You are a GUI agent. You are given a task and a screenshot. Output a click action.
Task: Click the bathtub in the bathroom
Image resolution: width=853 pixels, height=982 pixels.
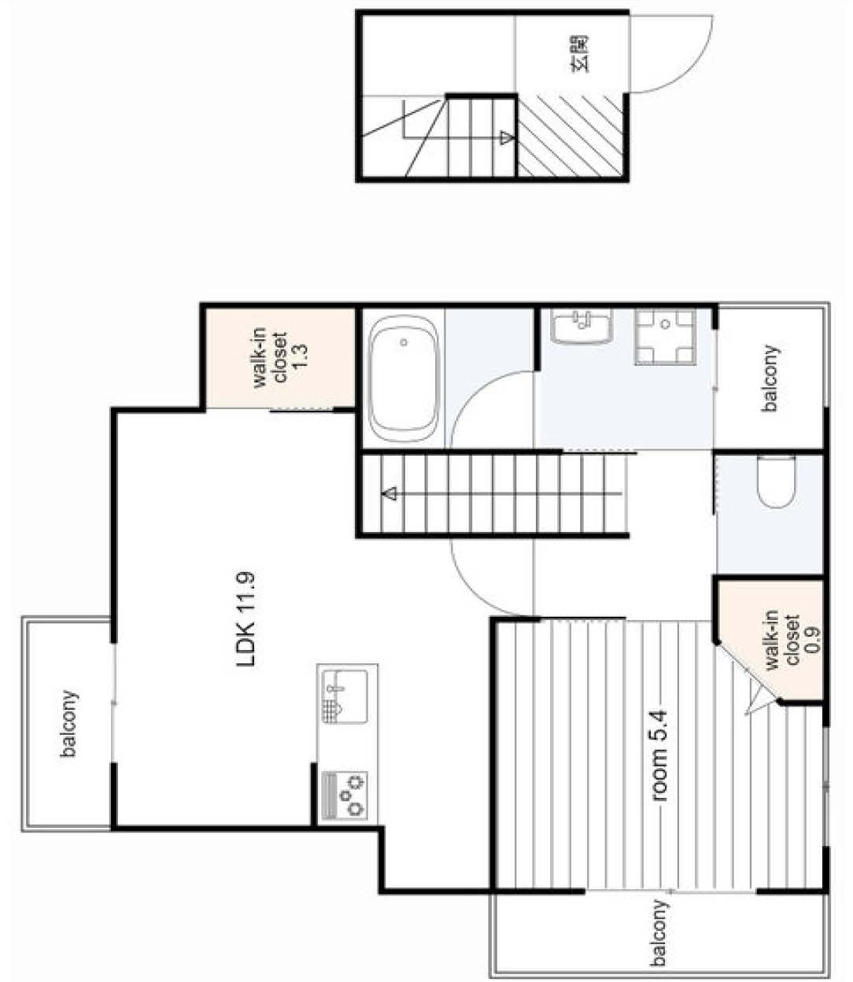pyautogui.click(x=404, y=379)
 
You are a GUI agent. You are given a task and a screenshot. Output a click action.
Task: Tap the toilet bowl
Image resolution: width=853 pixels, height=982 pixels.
pyautogui.click(x=777, y=482)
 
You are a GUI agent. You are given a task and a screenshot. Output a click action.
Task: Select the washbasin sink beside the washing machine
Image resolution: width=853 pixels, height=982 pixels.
pyautogui.click(x=582, y=327)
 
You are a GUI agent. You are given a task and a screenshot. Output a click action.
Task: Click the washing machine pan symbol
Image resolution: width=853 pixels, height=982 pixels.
pyautogui.click(x=665, y=336)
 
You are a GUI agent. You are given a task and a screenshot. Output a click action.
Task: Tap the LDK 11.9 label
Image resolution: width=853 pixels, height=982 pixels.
pyautogui.click(x=247, y=620)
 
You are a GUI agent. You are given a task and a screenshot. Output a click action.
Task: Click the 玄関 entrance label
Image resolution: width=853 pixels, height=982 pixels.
pyautogui.click(x=579, y=54)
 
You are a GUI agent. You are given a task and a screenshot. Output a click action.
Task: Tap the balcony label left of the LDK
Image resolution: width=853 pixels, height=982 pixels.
pyautogui.click(x=69, y=724)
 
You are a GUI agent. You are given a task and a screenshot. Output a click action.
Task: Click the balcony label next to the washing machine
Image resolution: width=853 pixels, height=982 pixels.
pyautogui.click(x=770, y=378)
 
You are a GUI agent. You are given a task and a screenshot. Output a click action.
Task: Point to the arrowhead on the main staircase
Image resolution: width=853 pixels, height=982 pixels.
pyautogui.click(x=389, y=494)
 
